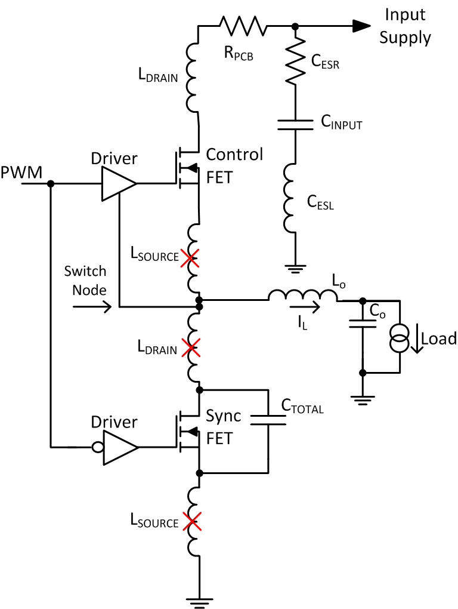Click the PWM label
(x=21, y=173)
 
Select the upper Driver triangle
(x=117, y=184)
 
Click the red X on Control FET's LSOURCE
(x=191, y=259)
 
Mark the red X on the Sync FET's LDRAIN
(x=191, y=348)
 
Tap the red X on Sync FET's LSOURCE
(x=191, y=523)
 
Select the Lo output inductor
(x=302, y=295)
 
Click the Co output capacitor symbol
(x=361, y=324)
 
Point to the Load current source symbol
(x=398, y=339)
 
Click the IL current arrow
(x=309, y=309)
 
